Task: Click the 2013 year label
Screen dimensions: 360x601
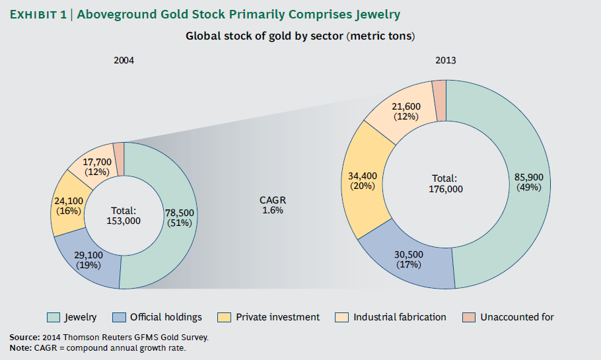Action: (x=446, y=60)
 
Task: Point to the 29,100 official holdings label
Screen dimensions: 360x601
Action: (x=88, y=260)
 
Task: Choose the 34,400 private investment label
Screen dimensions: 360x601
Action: (x=362, y=181)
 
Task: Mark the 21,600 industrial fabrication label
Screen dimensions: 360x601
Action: (x=406, y=111)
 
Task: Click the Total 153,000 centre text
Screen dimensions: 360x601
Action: (x=124, y=216)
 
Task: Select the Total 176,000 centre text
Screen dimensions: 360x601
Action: (x=446, y=183)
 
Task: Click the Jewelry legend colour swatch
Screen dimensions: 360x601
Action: (x=53, y=317)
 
